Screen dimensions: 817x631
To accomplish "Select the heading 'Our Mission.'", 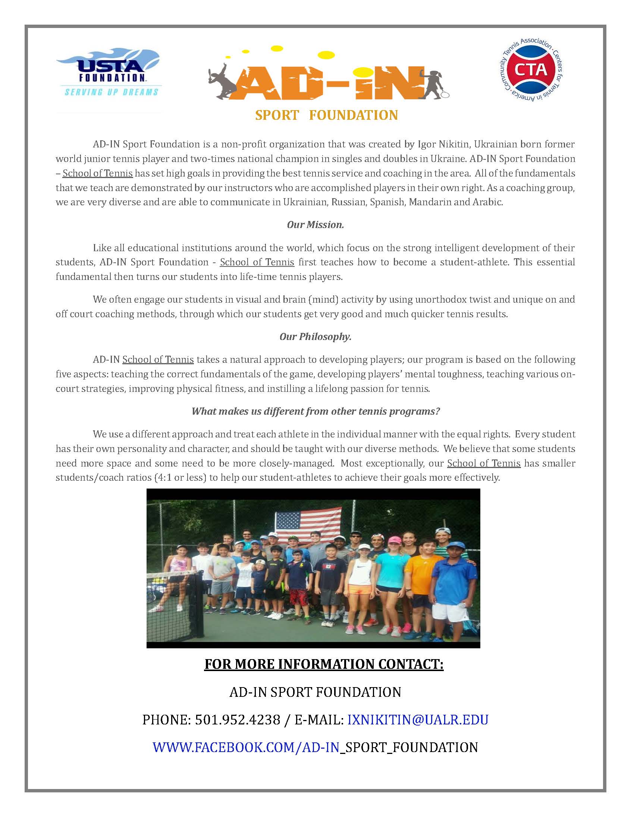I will point(315,225).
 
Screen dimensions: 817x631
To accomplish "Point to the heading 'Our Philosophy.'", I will point(315,337).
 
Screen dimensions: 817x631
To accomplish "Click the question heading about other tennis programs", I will point(315,412).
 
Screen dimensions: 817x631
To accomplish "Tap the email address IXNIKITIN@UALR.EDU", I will point(418,720).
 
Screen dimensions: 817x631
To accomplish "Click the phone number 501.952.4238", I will point(238,720).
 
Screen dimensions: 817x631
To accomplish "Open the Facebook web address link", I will point(315,747).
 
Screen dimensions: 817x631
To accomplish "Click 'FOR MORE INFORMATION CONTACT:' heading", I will point(324,664).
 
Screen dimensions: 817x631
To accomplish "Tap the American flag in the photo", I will point(308,521).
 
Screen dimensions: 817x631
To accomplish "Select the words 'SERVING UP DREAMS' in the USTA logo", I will point(111,92).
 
